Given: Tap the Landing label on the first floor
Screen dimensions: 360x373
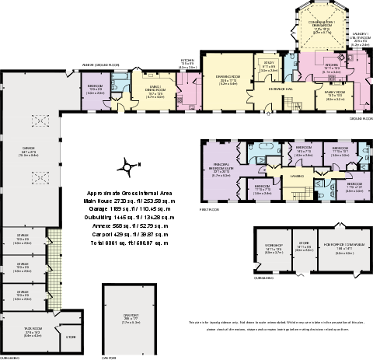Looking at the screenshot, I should [x=297, y=177].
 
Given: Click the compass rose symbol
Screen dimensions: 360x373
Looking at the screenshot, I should [x=123, y=166].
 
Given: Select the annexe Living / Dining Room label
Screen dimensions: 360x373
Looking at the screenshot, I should [x=155, y=89].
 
